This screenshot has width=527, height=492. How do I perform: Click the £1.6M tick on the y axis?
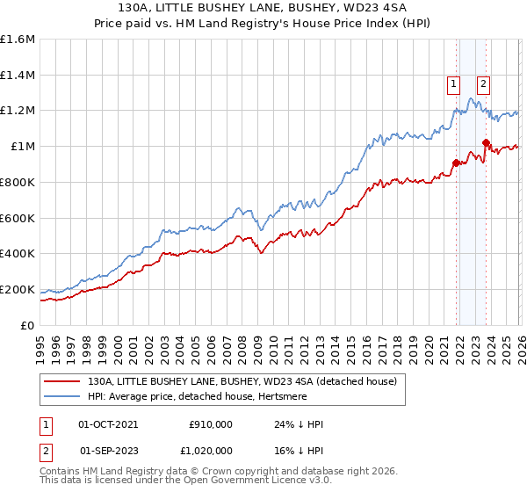click(17, 40)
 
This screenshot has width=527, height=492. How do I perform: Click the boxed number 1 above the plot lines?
click(453, 85)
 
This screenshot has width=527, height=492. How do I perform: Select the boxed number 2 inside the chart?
click(484, 85)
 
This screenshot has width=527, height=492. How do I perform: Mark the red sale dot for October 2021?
click(456, 163)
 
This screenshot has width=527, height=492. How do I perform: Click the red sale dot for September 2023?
click(486, 142)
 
